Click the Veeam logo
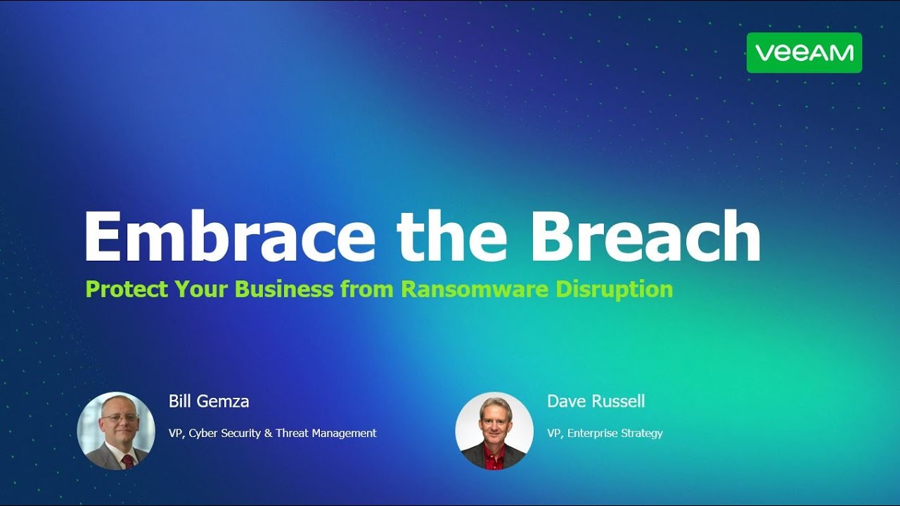pos(804,53)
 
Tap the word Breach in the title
pos(645,236)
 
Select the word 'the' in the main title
pos(451,236)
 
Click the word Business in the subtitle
pos(283,289)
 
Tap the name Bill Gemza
pos(209,401)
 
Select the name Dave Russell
pos(596,401)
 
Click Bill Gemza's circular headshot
pos(116,431)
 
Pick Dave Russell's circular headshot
pos(494,431)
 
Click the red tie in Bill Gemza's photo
pos(127,461)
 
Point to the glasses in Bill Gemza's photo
pos(119,417)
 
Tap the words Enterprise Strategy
pos(615,434)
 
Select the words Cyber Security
pos(224,434)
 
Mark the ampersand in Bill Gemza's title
pos(268,434)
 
